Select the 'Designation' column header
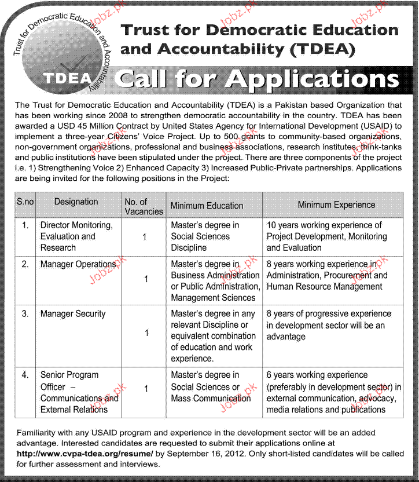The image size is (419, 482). (76, 202)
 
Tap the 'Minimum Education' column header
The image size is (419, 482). (207, 205)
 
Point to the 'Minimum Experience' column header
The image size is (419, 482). (336, 205)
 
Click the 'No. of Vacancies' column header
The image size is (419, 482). (144, 206)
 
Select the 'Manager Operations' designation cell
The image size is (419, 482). (78, 264)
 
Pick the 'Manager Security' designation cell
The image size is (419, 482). (73, 313)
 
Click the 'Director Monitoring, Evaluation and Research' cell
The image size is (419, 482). (76, 236)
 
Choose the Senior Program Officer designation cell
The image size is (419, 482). (79, 392)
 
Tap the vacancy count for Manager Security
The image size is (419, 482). (146, 333)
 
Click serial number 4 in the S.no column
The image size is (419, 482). (25, 375)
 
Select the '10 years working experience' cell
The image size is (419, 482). (326, 236)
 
